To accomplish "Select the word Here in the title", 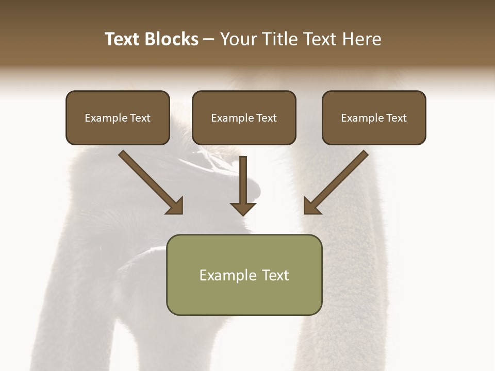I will click(x=362, y=39).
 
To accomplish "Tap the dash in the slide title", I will click(x=209, y=40).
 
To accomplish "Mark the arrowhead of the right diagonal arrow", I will click(x=311, y=207).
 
